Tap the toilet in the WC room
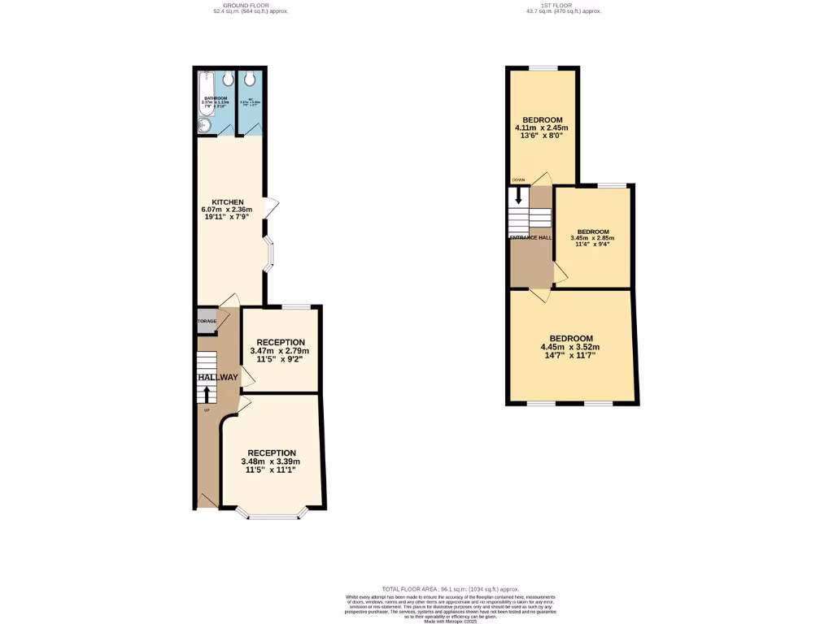(251, 79)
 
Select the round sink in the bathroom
(203, 125)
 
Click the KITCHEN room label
(228, 201)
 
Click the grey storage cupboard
(207, 321)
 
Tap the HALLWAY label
(217, 377)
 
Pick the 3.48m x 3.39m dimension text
(271, 462)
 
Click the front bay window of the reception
(273, 513)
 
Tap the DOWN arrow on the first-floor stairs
(517, 197)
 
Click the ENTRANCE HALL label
(530, 238)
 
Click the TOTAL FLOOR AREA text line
(450, 589)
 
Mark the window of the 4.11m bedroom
(544, 68)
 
